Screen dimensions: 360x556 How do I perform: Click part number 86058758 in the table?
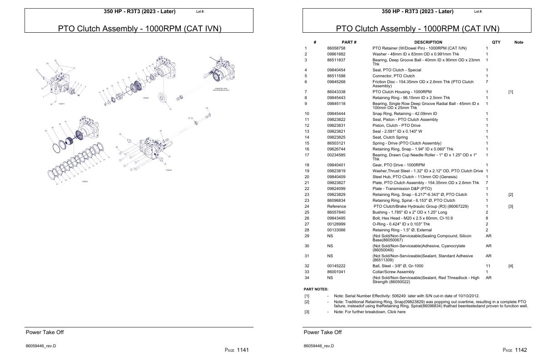tap(336, 48)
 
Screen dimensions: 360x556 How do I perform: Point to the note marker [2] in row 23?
tap(511, 195)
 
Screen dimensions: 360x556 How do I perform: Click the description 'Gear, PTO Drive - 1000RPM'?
tap(398, 165)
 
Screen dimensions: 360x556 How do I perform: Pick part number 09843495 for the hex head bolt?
tap(336, 218)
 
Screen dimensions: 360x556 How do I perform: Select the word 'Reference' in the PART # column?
tap(337, 206)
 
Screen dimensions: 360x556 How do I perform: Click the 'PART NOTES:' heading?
tap(316, 289)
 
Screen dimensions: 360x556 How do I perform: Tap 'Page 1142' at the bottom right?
tap(515, 350)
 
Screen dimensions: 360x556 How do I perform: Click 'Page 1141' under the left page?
tap(237, 350)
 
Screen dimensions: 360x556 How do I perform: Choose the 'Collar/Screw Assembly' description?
tap(393, 272)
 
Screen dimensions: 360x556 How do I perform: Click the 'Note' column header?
tap(518, 42)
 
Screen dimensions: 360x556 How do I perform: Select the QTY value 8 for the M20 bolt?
tap(487, 218)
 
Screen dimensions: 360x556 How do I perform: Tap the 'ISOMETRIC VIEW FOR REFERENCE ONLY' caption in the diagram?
tap(221, 90)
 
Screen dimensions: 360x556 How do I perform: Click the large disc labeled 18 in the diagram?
tap(161, 99)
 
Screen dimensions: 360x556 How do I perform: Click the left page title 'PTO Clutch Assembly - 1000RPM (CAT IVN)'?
tap(139, 29)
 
